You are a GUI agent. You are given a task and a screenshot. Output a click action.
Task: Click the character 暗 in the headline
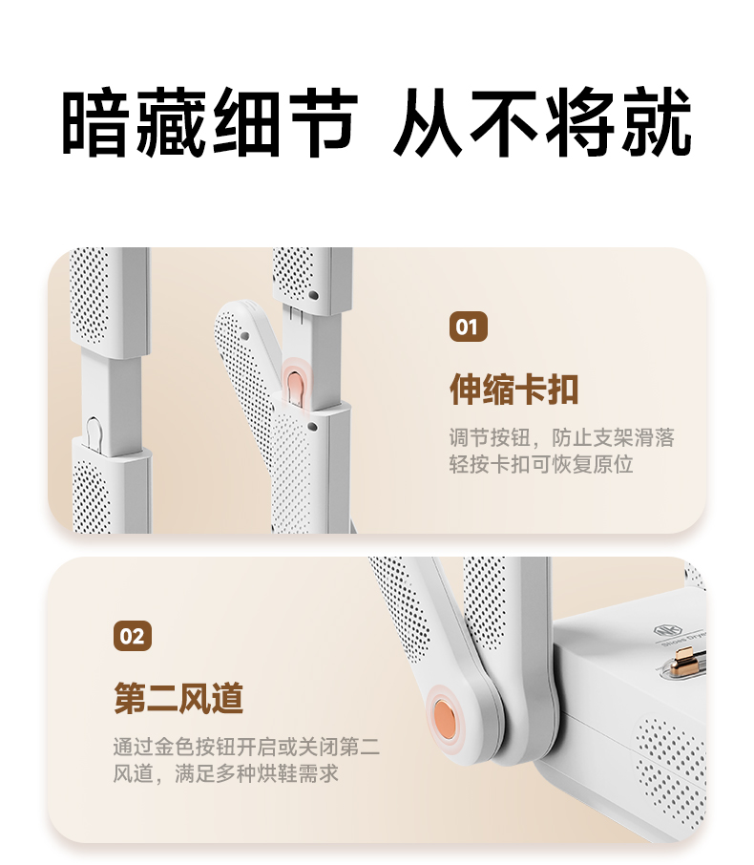click(x=95, y=121)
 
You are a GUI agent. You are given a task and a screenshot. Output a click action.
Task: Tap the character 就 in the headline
click(x=657, y=121)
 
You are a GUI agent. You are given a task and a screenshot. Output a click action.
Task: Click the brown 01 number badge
click(x=469, y=327)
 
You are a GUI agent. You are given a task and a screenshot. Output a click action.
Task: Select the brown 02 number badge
click(x=133, y=636)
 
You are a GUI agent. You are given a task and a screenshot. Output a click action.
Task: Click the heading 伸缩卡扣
click(x=514, y=390)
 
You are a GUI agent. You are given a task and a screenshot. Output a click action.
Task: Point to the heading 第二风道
click(x=178, y=699)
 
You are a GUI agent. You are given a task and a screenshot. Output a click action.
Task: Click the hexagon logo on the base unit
click(x=661, y=630)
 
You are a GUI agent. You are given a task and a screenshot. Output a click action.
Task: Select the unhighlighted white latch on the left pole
click(x=94, y=432)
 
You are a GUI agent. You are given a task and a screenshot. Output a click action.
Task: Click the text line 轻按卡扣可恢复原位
click(x=540, y=465)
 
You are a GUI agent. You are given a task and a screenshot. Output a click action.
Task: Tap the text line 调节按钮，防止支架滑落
click(x=561, y=438)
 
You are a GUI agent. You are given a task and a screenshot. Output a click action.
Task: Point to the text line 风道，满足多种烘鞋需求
click(x=225, y=773)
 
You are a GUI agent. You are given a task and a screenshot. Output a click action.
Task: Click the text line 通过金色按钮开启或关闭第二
click(x=246, y=747)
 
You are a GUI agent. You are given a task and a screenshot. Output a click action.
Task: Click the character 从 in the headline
click(x=428, y=121)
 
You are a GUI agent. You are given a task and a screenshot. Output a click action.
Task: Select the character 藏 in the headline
click(x=172, y=121)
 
